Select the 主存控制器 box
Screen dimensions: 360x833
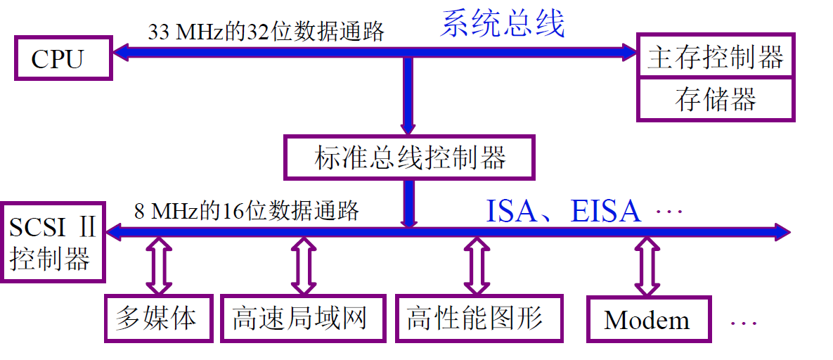(716, 56)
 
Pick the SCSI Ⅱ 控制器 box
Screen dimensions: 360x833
(52, 243)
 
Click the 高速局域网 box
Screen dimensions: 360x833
(302, 319)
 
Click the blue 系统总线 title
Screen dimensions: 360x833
(503, 24)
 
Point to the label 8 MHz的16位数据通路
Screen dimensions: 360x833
(246, 211)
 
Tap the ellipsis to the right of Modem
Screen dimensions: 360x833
(743, 323)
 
